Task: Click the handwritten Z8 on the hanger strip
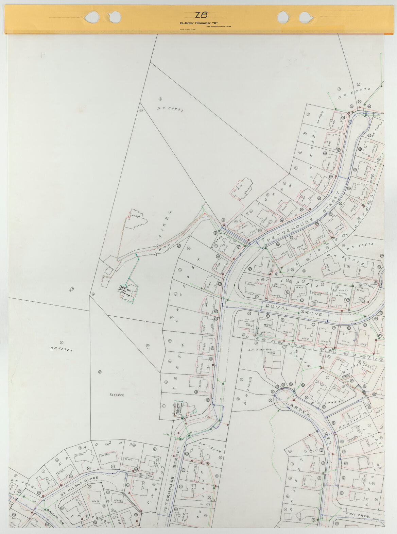point(201,15)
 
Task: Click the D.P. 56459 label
point(170,109)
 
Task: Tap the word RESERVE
point(117,395)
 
